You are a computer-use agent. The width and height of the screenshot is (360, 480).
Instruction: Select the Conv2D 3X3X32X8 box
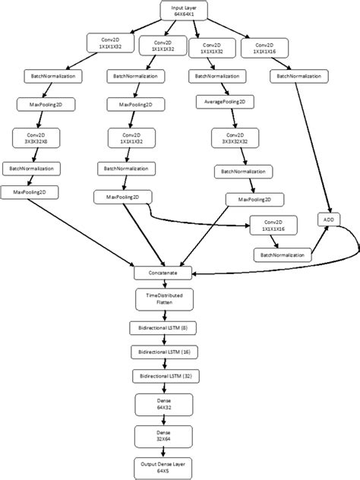point(31,137)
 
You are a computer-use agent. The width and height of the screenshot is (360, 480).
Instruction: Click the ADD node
point(329,220)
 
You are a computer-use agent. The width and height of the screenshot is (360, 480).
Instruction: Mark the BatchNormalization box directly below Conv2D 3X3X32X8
point(31,168)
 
